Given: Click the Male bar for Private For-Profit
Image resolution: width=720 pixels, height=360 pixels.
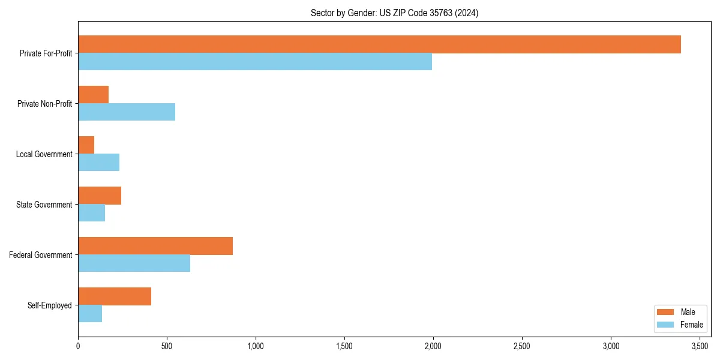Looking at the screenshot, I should (x=379, y=44).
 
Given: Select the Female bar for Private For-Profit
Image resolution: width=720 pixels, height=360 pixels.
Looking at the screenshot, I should (x=255, y=62).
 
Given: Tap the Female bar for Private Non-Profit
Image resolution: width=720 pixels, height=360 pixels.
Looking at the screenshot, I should (x=127, y=112).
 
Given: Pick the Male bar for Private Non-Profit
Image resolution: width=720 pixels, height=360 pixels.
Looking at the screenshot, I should (x=94, y=95).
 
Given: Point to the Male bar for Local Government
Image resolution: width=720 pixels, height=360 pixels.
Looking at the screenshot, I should (x=86, y=145).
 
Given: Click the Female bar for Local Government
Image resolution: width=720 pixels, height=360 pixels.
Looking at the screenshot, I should (x=99, y=163).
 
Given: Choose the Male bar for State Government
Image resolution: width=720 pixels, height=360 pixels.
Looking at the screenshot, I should (x=100, y=196).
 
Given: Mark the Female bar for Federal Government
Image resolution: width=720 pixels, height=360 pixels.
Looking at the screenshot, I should (x=134, y=263).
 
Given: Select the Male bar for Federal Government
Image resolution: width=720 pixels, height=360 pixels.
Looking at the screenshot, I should (x=155, y=246).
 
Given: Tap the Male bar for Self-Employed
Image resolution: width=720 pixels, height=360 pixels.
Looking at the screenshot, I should (x=115, y=296).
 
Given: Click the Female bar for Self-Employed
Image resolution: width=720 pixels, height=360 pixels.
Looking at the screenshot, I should (x=90, y=314).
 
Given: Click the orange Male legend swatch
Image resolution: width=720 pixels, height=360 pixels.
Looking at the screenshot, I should (x=666, y=312).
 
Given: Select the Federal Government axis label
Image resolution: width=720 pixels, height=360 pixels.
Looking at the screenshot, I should (x=41, y=255).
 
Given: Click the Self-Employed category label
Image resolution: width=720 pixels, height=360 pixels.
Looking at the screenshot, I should (x=50, y=305).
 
